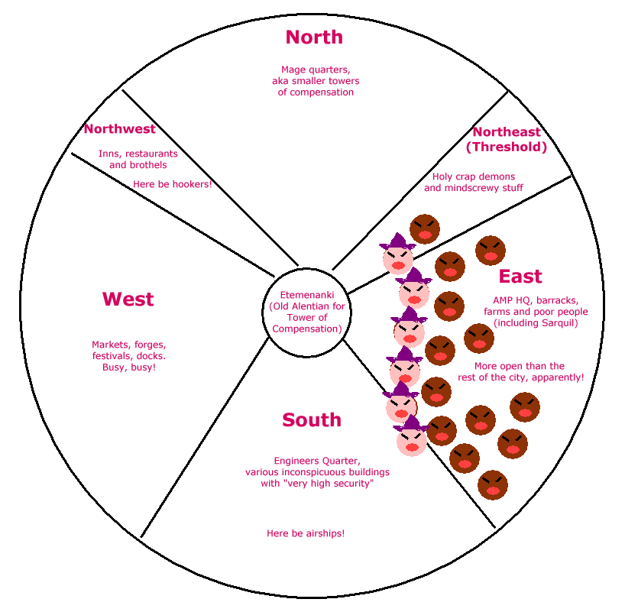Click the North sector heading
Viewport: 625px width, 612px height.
[x=314, y=37]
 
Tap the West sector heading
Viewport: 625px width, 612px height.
[x=128, y=299]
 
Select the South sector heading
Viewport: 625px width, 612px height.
[x=312, y=419]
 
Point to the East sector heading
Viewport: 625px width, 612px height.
[x=520, y=277]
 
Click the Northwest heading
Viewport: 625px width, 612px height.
[x=120, y=129]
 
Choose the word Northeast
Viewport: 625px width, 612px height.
[x=507, y=131]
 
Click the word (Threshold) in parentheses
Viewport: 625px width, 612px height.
[x=507, y=147]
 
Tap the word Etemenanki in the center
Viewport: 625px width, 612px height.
[x=307, y=295]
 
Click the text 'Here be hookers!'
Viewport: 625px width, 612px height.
[x=172, y=184]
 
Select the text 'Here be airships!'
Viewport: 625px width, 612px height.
[x=306, y=533]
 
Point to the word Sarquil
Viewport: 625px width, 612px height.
[x=556, y=323]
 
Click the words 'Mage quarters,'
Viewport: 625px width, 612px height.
[x=316, y=70]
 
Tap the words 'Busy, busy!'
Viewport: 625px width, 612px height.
[x=129, y=368]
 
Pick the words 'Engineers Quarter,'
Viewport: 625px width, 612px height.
[x=317, y=461]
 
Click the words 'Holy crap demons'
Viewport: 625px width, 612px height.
[x=474, y=176]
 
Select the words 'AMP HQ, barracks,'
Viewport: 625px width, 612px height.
[x=536, y=300]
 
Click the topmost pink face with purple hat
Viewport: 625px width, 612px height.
[x=398, y=254]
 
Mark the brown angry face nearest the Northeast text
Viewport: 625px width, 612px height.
[x=425, y=229]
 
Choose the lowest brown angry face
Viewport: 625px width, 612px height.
[x=493, y=485]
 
